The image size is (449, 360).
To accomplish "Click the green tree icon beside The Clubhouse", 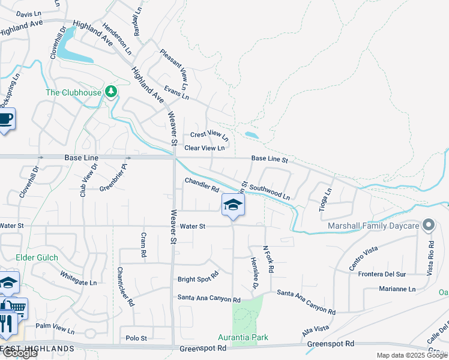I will tap(110, 92).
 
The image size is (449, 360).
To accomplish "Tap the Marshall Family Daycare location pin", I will tap(428, 226).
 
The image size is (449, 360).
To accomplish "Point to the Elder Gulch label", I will tap(37, 257).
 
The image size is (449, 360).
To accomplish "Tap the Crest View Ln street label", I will tap(209, 136).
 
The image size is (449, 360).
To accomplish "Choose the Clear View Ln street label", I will tap(205, 148).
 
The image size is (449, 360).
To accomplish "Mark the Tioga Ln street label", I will tap(327, 200).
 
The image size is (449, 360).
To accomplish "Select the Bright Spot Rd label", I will tap(198, 280).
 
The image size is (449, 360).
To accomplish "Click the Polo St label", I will tap(136, 338).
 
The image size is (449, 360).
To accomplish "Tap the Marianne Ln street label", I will tap(397, 289).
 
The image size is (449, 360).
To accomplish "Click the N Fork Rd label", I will tap(268, 259).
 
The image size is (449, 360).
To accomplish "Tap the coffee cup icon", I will tap(5, 119).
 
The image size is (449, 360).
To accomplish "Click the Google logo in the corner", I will tap(19, 353).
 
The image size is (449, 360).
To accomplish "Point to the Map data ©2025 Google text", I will tap(411, 355).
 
